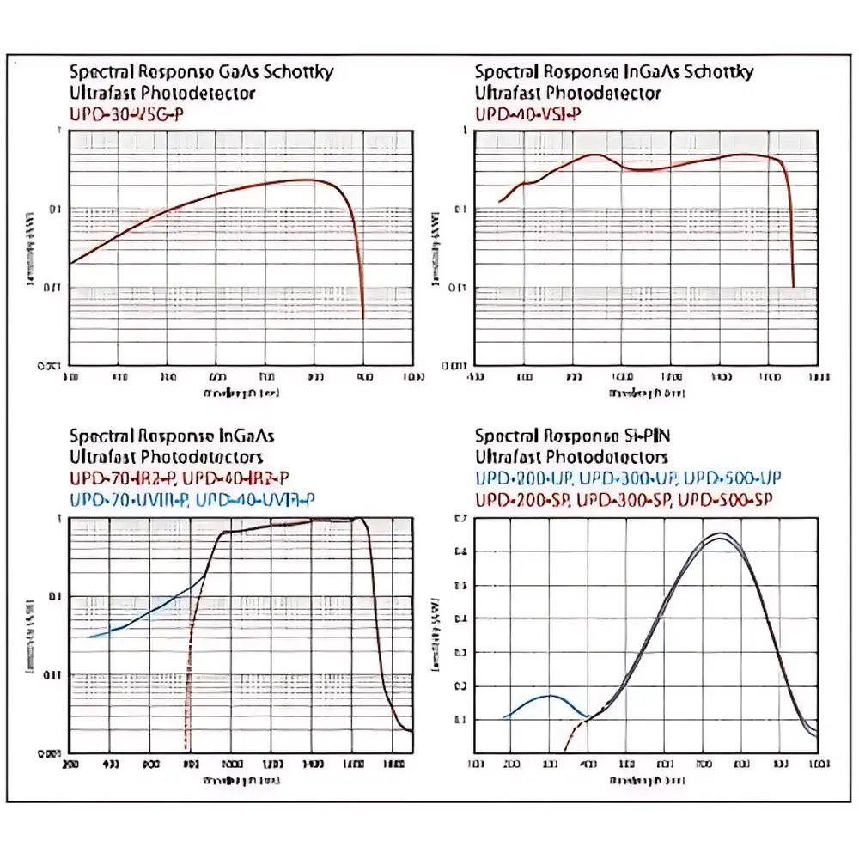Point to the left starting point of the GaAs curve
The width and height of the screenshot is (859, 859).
click(70, 263)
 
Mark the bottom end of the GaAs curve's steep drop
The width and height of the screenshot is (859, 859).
click(363, 318)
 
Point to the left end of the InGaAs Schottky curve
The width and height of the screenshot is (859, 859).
click(499, 203)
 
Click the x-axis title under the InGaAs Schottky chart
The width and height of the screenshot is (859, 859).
click(635, 393)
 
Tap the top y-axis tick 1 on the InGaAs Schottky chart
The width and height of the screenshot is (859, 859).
click(465, 131)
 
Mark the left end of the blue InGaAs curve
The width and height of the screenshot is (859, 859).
click(88, 637)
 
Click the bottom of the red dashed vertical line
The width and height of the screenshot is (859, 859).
click(186, 750)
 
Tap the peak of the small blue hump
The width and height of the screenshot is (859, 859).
click(550, 696)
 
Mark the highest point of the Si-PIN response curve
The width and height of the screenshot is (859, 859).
click(720, 534)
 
